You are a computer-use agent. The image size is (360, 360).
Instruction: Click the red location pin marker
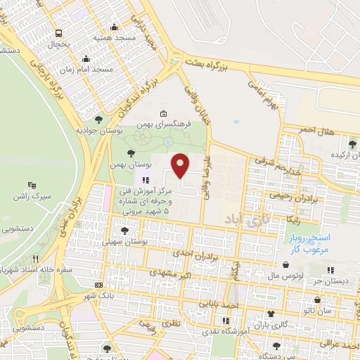[181, 165]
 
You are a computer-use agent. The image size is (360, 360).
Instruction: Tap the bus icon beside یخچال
[59, 32]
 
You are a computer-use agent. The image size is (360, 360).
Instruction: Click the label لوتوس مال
[285, 276]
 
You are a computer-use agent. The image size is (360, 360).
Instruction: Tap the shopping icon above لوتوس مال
[286, 265]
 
